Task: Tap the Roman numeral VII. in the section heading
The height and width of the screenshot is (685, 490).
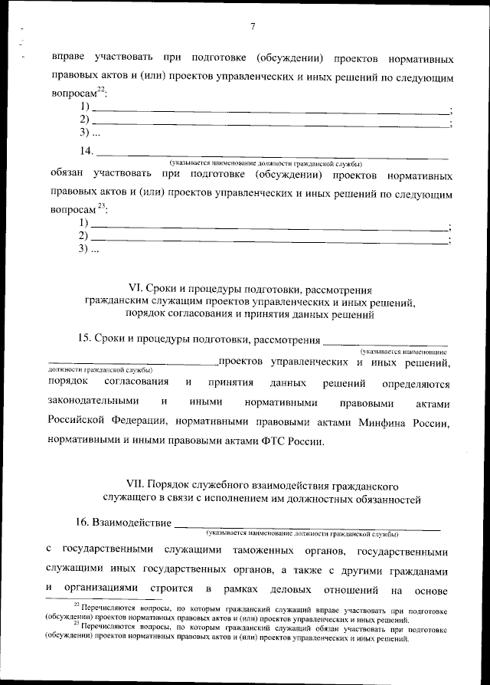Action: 136,486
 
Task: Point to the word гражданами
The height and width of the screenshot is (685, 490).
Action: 416,570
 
